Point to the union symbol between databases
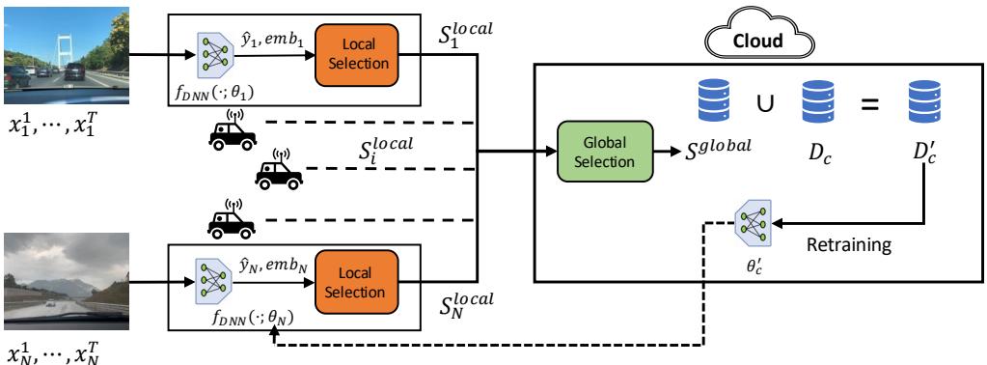click(766, 102)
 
